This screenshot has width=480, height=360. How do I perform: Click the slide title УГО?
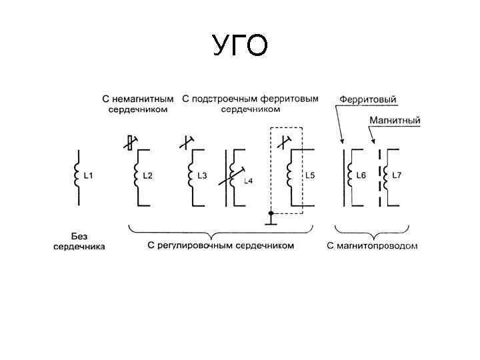(241, 46)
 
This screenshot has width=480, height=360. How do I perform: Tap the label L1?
(88, 176)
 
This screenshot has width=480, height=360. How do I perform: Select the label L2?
(148, 176)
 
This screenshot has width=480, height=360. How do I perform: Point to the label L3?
(203, 176)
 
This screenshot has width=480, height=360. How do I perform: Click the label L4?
(247, 181)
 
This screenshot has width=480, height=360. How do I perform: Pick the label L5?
(309, 176)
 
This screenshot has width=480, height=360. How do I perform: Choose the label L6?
(362, 176)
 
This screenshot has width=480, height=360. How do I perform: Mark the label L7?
(397, 176)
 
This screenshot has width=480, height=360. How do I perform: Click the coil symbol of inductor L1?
(77, 177)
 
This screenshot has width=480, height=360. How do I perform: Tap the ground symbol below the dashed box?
(271, 217)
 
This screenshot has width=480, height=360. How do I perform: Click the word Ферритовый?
(368, 100)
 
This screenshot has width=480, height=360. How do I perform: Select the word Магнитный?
(395, 121)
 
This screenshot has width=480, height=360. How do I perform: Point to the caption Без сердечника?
(79, 241)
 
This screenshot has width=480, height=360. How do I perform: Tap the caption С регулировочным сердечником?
(221, 246)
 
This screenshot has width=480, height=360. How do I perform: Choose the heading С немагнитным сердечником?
(138, 104)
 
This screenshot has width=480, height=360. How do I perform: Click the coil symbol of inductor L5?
(289, 177)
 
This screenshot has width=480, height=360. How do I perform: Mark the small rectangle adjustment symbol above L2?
(131, 143)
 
